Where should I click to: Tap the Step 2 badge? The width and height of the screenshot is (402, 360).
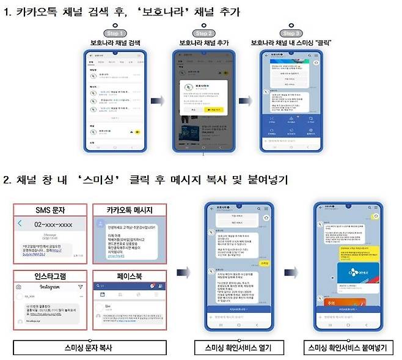[202, 33]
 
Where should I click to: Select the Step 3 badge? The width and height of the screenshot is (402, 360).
[291, 33]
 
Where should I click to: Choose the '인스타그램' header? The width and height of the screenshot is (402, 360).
[50, 276]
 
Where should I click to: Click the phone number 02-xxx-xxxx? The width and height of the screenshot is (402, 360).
[53, 225]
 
